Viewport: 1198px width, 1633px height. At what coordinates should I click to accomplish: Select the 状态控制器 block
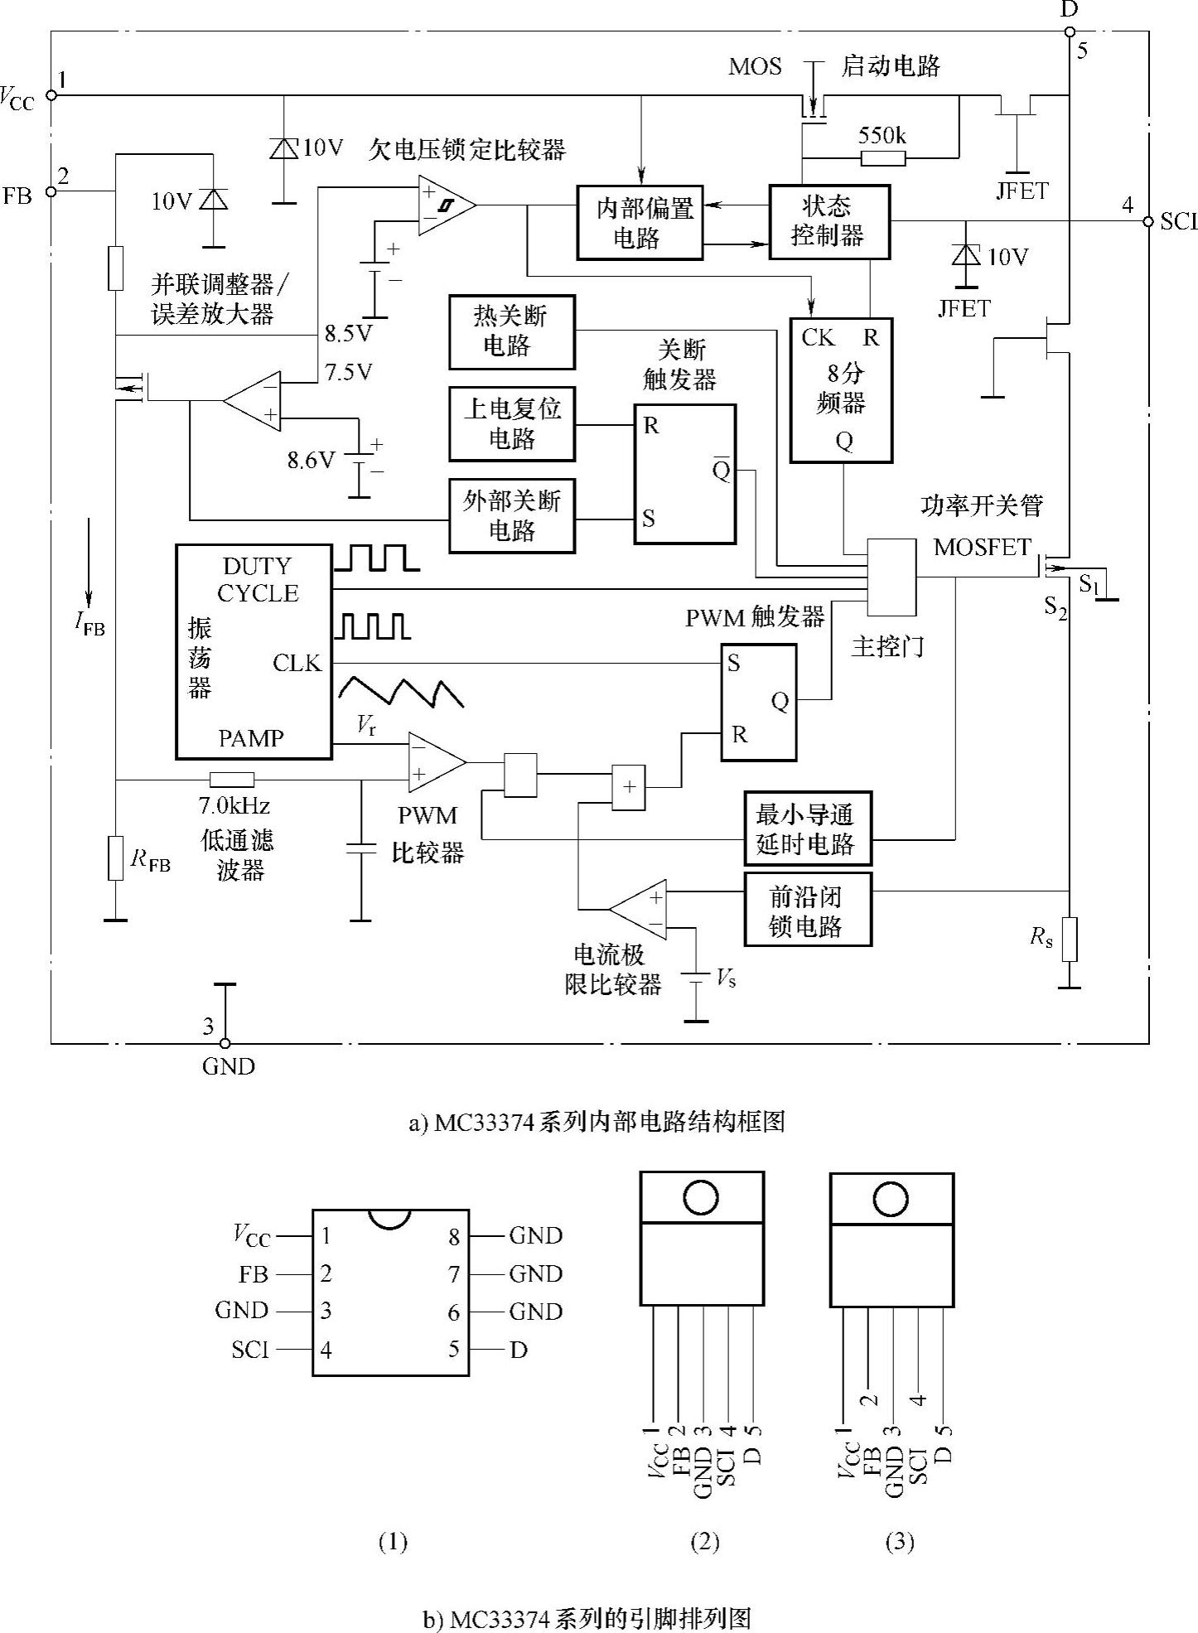828,221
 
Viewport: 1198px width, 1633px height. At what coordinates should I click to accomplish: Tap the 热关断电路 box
511,331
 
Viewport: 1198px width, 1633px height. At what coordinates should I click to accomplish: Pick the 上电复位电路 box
511,423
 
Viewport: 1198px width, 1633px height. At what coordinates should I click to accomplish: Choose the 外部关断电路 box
511,515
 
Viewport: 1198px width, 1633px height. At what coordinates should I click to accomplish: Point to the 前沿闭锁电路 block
808,910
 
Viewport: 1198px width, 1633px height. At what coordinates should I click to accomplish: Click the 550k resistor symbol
882,157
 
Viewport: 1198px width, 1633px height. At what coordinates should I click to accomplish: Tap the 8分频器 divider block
841,389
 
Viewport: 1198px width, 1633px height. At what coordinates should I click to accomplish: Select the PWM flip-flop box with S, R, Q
758,702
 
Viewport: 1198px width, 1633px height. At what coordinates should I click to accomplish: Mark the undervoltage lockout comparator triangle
444,205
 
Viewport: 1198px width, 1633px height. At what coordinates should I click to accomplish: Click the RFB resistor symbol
116,858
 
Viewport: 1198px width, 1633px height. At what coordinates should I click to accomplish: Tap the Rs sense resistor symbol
1070,939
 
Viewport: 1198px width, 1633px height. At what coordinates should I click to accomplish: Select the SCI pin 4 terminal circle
1148,221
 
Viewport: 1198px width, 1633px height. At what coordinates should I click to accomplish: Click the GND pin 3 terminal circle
224,1043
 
